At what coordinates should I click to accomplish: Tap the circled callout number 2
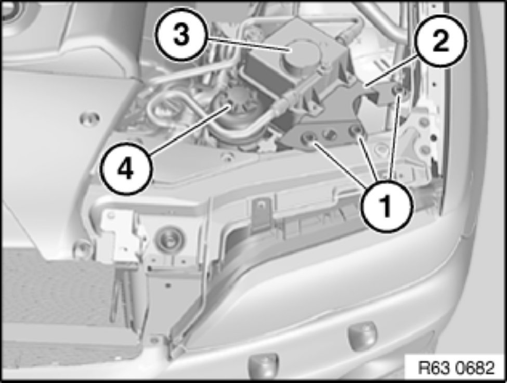point(441,41)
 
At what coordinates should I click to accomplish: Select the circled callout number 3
point(181,35)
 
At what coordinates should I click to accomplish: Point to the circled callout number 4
point(126,168)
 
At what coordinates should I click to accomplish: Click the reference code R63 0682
point(456,367)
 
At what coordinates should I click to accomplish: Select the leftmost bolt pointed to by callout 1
point(308,138)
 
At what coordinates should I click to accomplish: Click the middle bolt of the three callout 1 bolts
point(356,130)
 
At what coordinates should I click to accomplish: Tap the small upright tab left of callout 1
point(261,214)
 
